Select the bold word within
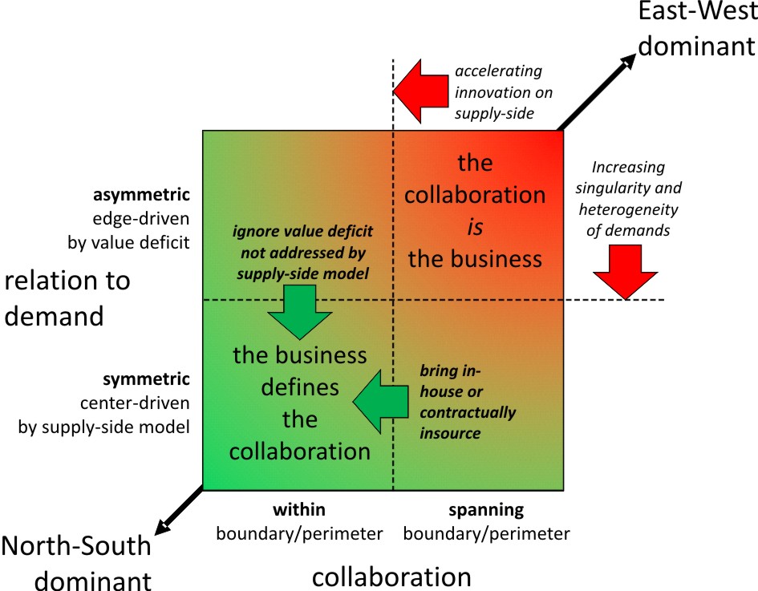click(x=299, y=509)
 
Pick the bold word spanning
click(x=486, y=509)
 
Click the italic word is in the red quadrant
click(x=475, y=227)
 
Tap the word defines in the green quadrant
click(x=299, y=387)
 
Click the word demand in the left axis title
click(x=55, y=315)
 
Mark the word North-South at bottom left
click(x=76, y=546)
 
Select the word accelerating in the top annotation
click(x=498, y=71)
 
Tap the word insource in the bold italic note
click(x=450, y=433)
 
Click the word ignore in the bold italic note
click(x=256, y=232)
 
